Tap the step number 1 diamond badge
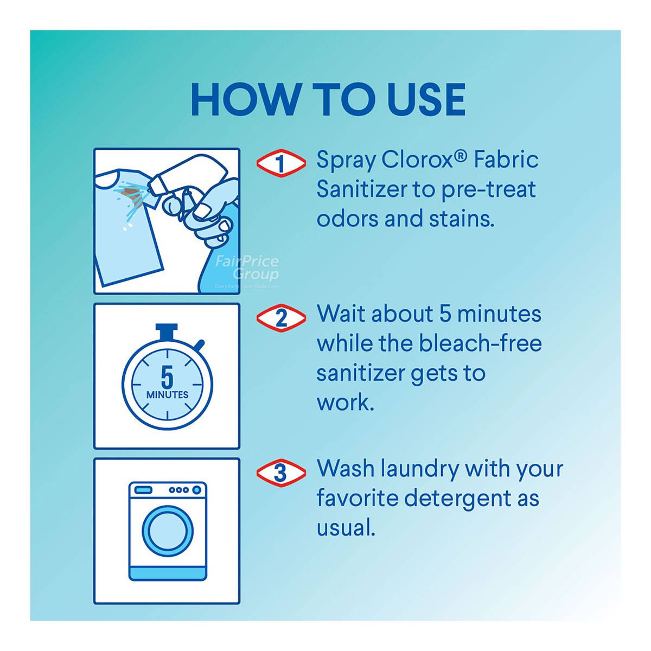281,163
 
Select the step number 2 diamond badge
281,318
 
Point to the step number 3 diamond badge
281,473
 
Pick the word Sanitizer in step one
362,189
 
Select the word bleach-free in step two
481,343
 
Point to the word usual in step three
346,528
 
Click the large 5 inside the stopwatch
167,378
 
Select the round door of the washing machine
168,532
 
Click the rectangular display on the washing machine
143,489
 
